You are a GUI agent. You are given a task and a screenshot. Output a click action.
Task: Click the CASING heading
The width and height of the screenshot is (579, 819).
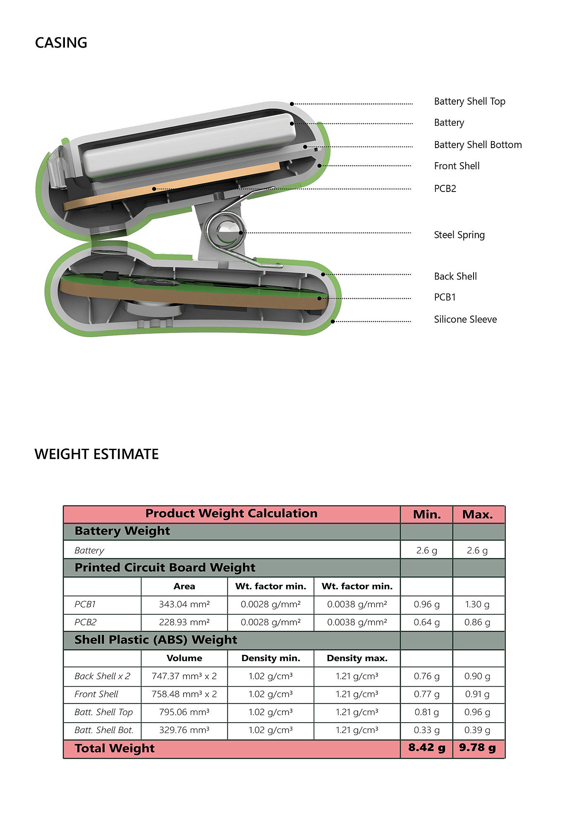61,43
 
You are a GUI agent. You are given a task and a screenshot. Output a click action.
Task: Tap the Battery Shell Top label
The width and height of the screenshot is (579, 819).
469,102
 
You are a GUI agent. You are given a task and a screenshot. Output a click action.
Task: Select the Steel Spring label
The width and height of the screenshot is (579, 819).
459,235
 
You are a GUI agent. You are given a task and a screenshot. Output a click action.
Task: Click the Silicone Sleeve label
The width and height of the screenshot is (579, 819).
465,319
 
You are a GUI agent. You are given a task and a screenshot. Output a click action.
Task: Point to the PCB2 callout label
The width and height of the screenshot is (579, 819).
445,189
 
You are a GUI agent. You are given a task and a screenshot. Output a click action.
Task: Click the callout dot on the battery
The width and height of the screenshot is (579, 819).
292,123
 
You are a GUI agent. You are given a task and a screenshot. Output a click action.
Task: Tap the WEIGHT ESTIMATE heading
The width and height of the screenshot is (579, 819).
96,454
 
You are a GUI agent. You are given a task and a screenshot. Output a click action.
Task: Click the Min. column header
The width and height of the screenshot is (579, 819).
427,515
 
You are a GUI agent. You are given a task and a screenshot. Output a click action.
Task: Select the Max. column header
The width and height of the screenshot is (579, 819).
478,515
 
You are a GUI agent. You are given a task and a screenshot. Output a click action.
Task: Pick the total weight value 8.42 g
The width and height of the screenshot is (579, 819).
427,748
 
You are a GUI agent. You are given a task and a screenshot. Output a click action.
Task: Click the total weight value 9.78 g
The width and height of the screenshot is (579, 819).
478,748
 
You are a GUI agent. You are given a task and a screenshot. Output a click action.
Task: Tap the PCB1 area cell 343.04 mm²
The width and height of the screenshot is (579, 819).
184,604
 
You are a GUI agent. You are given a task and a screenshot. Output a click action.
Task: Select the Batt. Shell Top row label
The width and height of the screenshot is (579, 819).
103,712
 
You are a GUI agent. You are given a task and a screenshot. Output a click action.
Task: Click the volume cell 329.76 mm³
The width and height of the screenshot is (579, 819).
184,730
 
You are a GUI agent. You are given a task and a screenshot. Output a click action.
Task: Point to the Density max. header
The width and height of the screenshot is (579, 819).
357,658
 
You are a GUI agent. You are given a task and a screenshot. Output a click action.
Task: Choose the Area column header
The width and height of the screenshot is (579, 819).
184,586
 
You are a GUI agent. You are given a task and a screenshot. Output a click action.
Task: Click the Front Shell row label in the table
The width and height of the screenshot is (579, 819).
96,694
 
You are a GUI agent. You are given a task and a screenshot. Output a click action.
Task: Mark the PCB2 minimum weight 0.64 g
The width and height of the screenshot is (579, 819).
427,623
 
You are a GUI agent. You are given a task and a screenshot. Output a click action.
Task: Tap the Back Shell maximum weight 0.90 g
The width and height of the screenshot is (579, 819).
478,676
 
